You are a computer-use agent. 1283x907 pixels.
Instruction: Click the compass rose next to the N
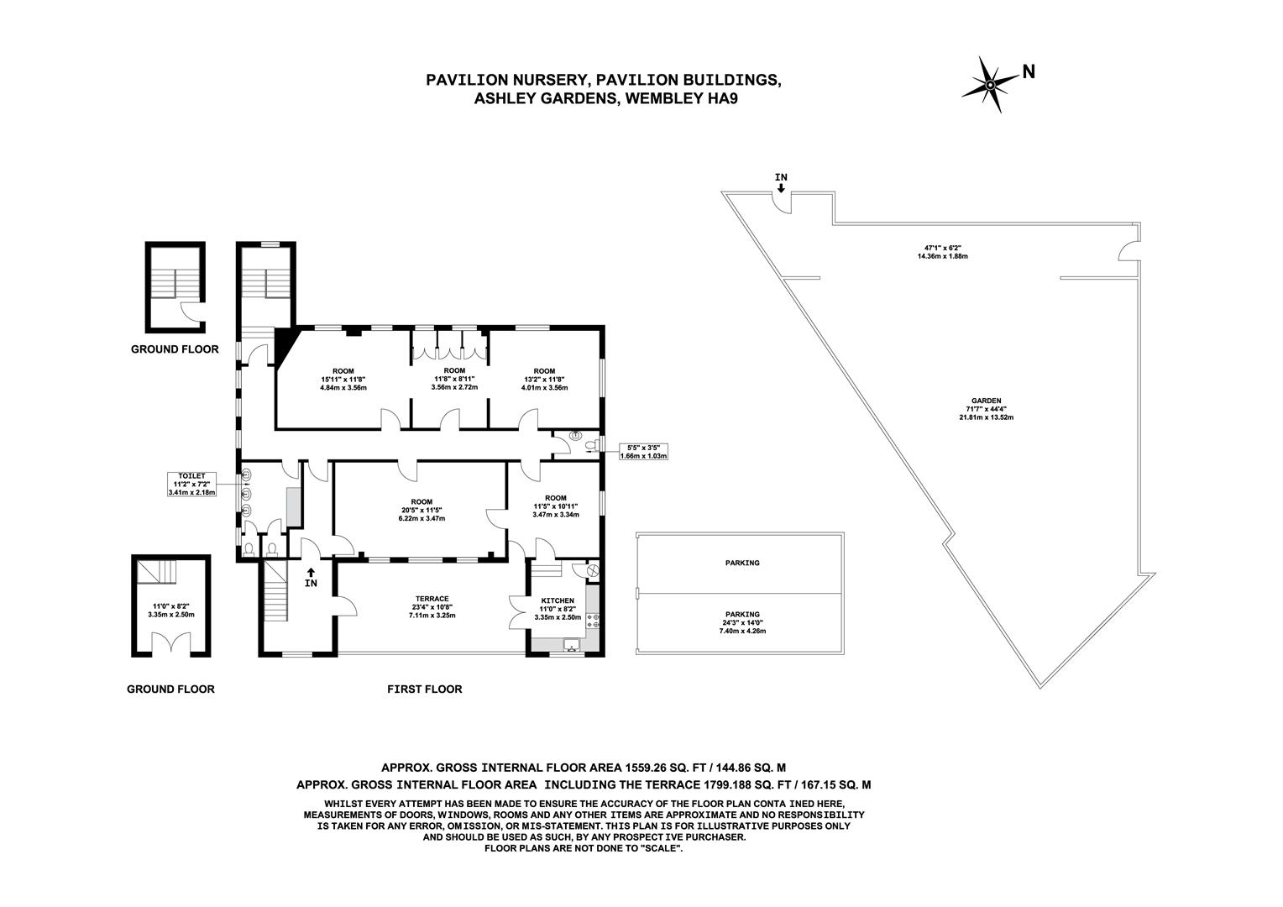pyautogui.click(x=991, y=84)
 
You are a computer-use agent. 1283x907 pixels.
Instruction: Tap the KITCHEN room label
pyautogui.click(x=558, y=600)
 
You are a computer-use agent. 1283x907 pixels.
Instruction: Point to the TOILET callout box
pyautogui.click(x=191, y=484)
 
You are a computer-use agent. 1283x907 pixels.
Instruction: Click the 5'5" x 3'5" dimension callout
pyautogui.click(x=642, y=452)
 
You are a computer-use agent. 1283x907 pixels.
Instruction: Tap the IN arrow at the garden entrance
pyautogui.click(x=781, y=182)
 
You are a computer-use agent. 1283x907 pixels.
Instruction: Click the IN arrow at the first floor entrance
pyautogui.click(x=312, y=578)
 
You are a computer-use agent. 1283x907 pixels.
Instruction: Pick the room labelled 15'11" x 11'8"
pyautogui.click(x=343, y=380)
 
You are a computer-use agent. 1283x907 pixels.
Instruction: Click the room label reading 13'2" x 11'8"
pyautogui.click(x=544, y=380)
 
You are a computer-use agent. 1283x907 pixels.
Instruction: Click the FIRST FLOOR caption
pyautogui.click(x=424, y=689)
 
